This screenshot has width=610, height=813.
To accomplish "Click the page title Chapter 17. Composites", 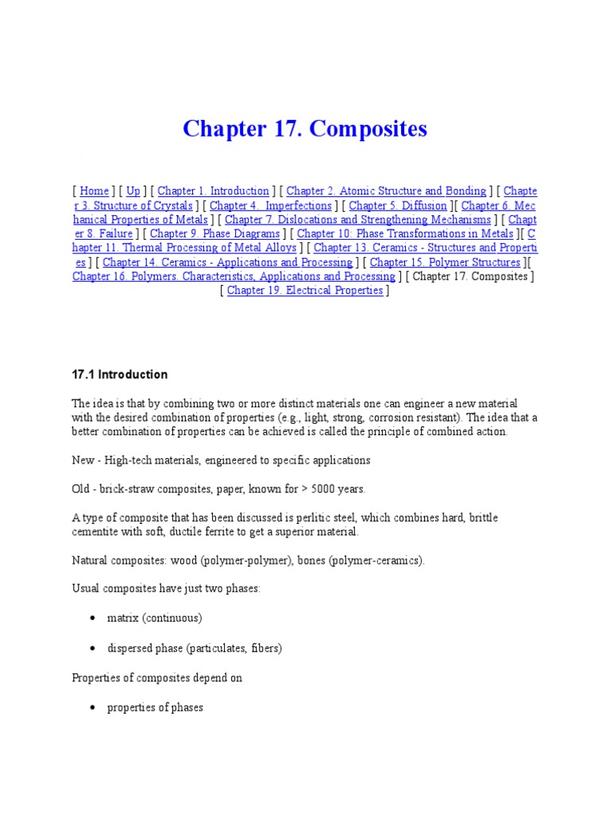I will coord(305,129).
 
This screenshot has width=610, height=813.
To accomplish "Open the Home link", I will coord(95,191).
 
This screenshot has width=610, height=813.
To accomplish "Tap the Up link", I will coord(133,191).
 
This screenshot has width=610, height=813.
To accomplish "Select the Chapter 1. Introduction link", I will coord(214,191).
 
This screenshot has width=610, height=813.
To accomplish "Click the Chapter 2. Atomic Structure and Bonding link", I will coord(386,191).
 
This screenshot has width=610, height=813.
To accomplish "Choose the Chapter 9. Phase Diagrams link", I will coord(215,234).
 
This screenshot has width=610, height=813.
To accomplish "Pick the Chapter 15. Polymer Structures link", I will coord(445,263).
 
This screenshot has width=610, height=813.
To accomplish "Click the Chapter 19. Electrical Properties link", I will coord(305,291).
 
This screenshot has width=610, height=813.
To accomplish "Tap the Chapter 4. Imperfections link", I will coord(271,206).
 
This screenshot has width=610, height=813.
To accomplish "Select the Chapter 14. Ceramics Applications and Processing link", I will coord(227,263).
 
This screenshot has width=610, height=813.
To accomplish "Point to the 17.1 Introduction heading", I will coord(120,375).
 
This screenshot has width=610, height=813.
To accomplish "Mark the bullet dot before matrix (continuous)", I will coord(94,618).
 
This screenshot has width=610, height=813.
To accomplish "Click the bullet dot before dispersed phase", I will coord(94,649).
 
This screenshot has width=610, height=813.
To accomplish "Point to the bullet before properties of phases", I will coord(94,707).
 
